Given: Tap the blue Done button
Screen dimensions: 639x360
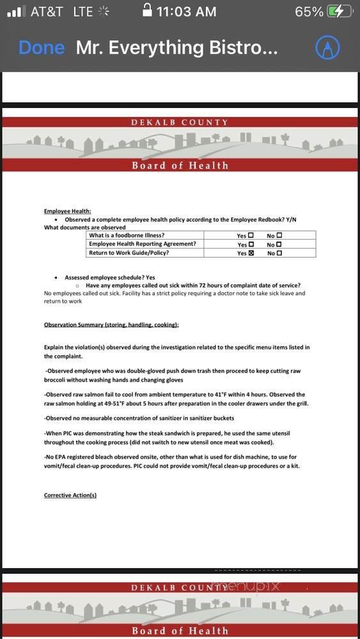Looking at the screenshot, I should pyautogui.click(x=42, y=48).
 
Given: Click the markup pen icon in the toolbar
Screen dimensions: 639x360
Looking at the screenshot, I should pyautogui.click(x=327, y=48).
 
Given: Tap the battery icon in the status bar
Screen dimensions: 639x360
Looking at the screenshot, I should pyautogui.click(x=339, y=12).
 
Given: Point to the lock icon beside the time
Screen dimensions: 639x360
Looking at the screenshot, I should pyautogui.click(x=148, y=11).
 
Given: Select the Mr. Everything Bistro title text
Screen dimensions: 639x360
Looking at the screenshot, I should pyautogui.click(x=176, y=48).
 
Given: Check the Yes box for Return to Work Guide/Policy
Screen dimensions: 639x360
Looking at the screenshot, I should pyautogui.click(x=251, y=253).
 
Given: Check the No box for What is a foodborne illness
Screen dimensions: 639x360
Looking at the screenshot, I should pyautogui.click(x=279, y=235).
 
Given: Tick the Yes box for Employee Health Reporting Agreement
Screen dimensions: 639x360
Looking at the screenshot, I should pyautogui.click(x=251, y=244).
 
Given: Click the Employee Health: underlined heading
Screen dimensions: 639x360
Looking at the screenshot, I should pyautogui.click(x=67, y=211).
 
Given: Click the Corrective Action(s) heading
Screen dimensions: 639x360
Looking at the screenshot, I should pyautogui.click(x=70, y=495).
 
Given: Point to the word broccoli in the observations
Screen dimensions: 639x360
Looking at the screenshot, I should pyautogui.click(x=57, y=380).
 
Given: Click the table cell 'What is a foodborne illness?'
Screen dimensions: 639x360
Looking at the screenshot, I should pyautogui.click(x=127, y=235).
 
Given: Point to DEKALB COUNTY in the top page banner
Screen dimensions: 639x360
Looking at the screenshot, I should pyautogui.click(x=179, y=122).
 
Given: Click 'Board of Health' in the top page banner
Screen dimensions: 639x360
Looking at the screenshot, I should pyautogui.click(x=180, y=166).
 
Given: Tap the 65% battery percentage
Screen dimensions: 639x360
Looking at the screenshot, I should pyautogui.click(x=309, y=12).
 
